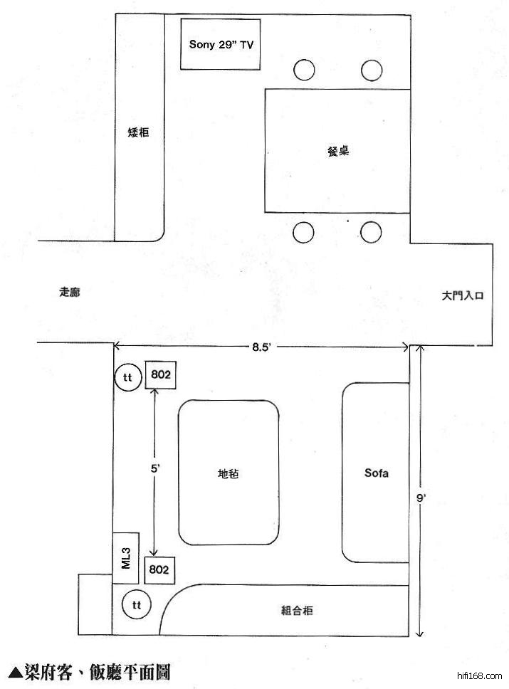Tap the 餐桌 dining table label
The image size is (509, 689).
[338, 151]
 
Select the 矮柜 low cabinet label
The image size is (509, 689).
[138, 132]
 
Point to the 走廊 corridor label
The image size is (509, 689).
[70, 292]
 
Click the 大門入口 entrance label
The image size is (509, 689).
[463, 295]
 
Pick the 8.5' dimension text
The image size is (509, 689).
[261, 347]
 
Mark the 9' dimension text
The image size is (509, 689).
[421, 498]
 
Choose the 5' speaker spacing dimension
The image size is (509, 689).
[154, 469]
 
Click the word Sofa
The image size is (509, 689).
[377, 473]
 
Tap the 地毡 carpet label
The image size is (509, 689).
[229, 474]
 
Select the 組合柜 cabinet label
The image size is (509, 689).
[297, 610]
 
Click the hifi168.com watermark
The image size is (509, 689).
[480, 675]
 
